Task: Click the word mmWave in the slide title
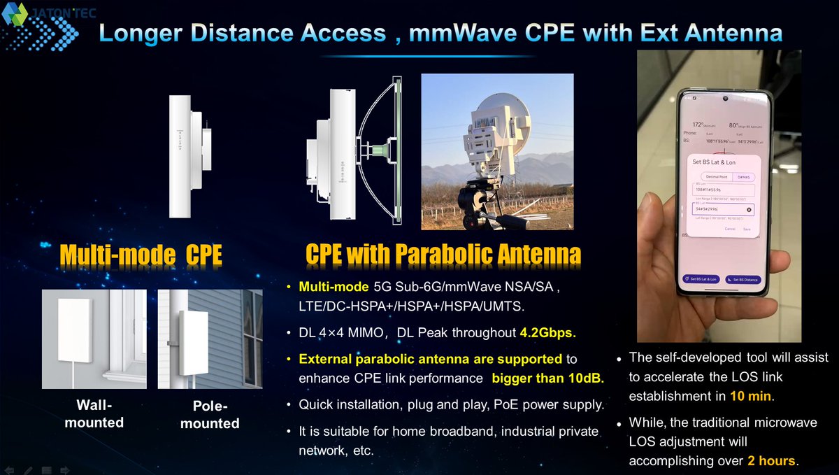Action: (x=477, y=33)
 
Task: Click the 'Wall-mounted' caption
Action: (x=94, y=414)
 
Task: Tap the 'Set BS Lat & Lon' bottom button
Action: (x=700, y=278)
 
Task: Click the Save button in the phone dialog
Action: (x=747, y=229)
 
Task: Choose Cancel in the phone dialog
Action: (x=729, y=229)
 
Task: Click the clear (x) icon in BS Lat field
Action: (x=749, y=209)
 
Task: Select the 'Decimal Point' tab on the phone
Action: (x=708, y=177)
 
